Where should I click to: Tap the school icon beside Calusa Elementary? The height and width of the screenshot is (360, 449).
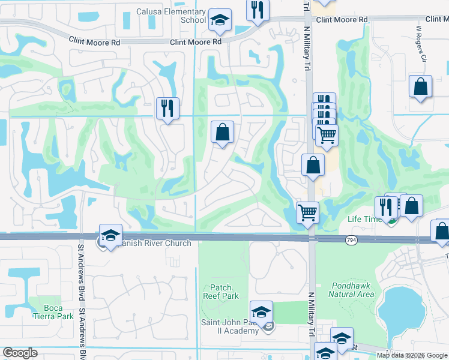(x=220, y=21)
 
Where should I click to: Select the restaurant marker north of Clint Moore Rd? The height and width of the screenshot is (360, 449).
(x=258, y=11)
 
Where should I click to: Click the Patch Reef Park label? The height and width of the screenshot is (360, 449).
(x=224, y=292)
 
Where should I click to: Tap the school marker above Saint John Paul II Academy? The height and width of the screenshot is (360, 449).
(x=261, y=312)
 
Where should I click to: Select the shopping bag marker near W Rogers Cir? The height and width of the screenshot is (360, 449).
(x=420, y=86)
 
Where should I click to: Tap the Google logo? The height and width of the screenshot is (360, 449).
(x=20, y=353)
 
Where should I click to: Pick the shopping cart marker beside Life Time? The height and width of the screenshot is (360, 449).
(x=307, y=212)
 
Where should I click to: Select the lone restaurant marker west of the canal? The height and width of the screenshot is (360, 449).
(x=167, y=108)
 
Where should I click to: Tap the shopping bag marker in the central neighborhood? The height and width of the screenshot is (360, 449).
(x=222, y=131)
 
